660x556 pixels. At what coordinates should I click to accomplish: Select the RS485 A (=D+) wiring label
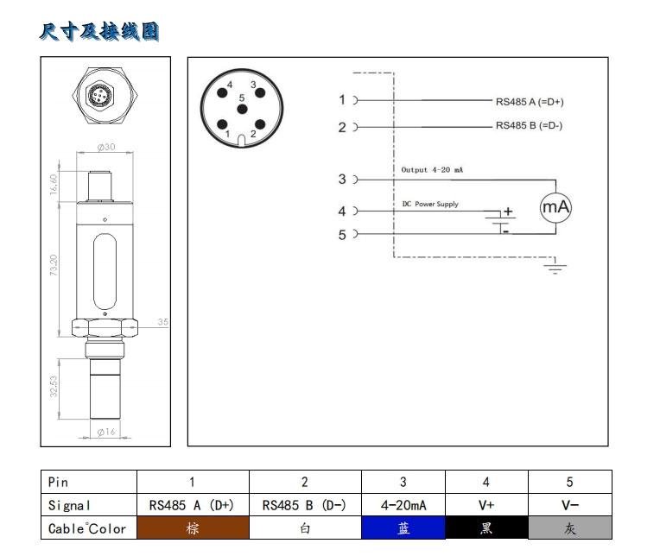coord(530,101)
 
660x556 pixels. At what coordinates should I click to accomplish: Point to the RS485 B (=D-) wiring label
coord(529,126)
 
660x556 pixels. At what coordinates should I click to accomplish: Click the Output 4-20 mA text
coord(432,170)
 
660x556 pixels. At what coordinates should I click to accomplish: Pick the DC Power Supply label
coord(430,205)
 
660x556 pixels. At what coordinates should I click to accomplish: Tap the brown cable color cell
coord(193,528)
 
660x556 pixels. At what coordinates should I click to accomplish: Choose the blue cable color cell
coord(403,528)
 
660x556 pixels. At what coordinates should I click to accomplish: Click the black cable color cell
coord(486,528)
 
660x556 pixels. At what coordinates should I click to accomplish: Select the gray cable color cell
coord(569,528)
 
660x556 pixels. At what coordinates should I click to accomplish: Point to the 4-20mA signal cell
coord(403,505)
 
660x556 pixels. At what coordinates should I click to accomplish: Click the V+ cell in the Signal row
coord(486,505)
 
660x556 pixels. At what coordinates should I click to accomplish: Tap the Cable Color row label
coord(87,528)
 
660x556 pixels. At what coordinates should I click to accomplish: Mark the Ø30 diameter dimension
coord(108,147)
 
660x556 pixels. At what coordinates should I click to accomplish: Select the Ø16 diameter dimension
coord(106,433)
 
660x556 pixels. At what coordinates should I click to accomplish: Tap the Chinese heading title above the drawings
coord(99,33)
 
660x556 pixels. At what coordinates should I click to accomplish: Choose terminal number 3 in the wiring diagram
coord(342,180)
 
